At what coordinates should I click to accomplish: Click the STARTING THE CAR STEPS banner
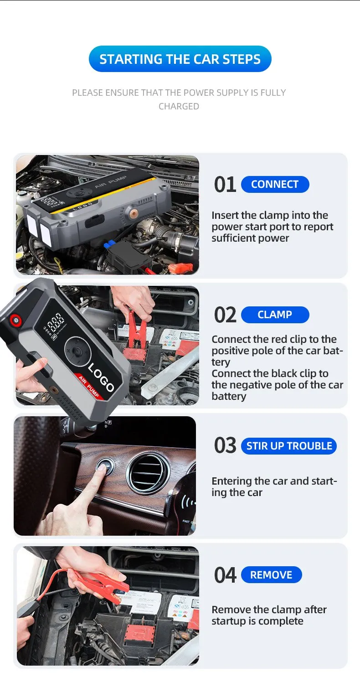tap(180, 59)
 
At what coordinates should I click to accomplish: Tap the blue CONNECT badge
tap(275, 184)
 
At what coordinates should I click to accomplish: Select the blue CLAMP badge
tap(275, 315)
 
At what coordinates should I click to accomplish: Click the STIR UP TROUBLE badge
tap(289, 446)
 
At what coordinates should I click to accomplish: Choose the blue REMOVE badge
tap(271, 574)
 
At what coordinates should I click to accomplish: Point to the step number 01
tap(225, 185)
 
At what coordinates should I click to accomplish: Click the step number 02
tap(225, 315)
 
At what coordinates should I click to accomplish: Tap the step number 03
tap(225, 445)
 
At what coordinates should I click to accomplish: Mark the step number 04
tap(225, 575)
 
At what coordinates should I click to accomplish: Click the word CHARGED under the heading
tap(179, 107)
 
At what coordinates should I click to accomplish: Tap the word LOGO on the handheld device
tap(101, 377)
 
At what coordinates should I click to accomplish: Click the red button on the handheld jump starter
tap(15, 320)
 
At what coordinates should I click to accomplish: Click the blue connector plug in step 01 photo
tap(109, 244)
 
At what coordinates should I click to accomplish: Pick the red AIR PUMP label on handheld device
tap(89, 386)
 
